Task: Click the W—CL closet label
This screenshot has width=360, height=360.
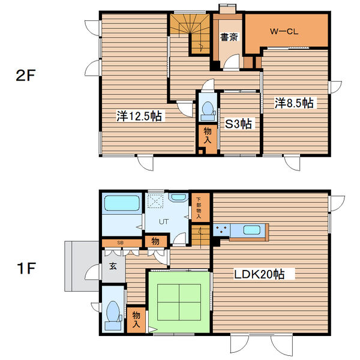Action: point(284,31)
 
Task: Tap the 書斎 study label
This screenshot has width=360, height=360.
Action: point(229,37)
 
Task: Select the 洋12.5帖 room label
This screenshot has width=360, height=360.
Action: point(139,116)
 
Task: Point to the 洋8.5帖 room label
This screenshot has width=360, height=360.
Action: point(294,103)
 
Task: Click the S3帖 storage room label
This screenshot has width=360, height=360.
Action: point(238,124)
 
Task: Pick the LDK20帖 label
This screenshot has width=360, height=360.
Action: point(259,274)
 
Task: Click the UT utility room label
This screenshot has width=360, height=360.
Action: point(164,221)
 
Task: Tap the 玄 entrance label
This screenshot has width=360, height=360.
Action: point(113,266)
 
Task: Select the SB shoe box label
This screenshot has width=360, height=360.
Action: point(120,242)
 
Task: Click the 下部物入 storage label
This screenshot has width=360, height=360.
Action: point(199,208)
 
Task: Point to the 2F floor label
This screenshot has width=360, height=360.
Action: point(25,75)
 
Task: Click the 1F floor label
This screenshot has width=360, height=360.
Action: point(26,268)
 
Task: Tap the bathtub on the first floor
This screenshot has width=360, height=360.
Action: point(122,203)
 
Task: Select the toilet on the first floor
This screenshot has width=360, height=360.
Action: point(113,316)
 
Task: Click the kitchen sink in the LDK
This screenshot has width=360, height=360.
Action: point(252,230)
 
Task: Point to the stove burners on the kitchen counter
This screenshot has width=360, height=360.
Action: point(221,230)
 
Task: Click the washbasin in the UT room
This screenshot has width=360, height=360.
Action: point(178,197)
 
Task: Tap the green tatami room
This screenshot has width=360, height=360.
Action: point(179,302)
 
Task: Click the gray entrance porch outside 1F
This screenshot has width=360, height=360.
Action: point(82,266)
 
